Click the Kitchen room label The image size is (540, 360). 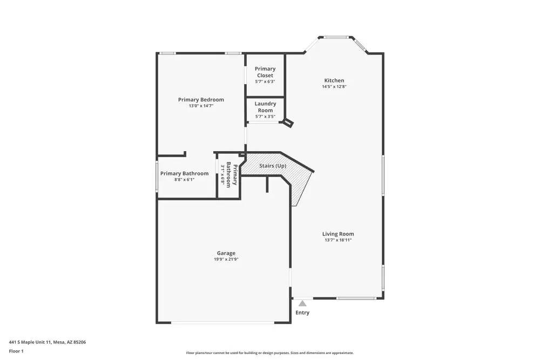coord(334,80)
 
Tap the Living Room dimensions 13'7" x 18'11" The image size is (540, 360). coord(337,240)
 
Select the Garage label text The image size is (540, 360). coord(226,253)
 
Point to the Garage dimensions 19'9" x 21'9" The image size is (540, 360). coord(226,259)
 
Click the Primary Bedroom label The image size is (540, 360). coord(201,99)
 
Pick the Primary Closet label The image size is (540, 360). coord(265,72)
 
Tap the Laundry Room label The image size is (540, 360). coord(265,107)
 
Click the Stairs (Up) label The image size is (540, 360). coord(273,166)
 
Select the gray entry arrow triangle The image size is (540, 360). coord(302,304)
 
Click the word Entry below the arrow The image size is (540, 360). coord(302,313)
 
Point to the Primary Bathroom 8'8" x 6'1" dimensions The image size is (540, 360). coord(184,180)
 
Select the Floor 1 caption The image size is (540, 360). coord(16,351)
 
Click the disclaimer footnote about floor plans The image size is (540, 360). coord(271,353)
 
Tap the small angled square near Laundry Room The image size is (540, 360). coord(289,123)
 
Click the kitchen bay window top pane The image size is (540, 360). coord(338,37)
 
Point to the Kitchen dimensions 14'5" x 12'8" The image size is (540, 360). coord(334,87)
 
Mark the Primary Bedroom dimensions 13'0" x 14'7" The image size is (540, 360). coord(201,106)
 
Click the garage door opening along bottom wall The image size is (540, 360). coord(222,323)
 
